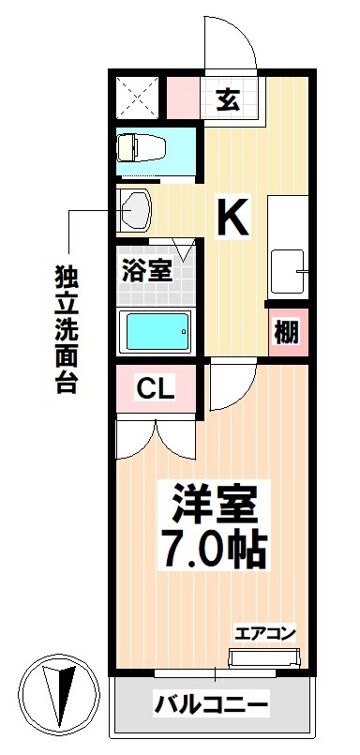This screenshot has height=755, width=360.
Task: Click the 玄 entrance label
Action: click(x=228, y=98)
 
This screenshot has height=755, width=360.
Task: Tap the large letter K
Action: click(x=233, y=218)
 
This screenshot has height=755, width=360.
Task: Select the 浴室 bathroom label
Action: click(x=146, y=272)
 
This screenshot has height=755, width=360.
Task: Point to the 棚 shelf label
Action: click(x=286, y=333)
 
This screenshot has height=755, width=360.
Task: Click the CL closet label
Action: click(x=156, y=387)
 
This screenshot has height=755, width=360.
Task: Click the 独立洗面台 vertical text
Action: click(x=67, y=328)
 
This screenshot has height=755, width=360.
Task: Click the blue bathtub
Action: click(x=157, y=329)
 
